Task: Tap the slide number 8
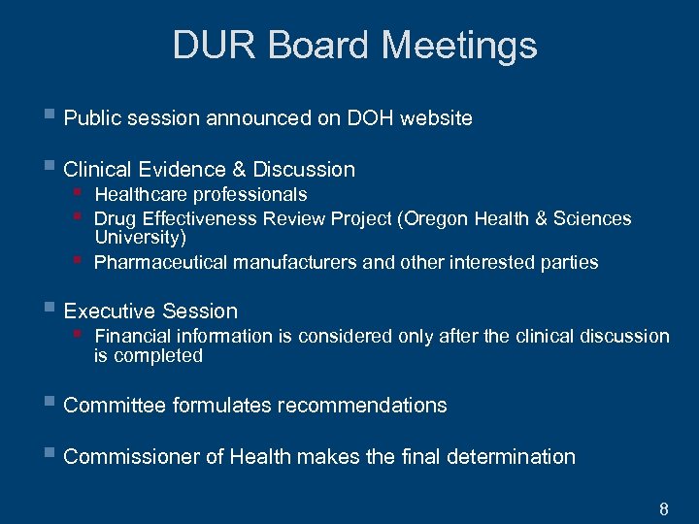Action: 664,508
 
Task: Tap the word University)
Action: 140,237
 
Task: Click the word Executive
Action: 108,311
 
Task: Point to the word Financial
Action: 134,337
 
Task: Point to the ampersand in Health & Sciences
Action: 540,219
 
